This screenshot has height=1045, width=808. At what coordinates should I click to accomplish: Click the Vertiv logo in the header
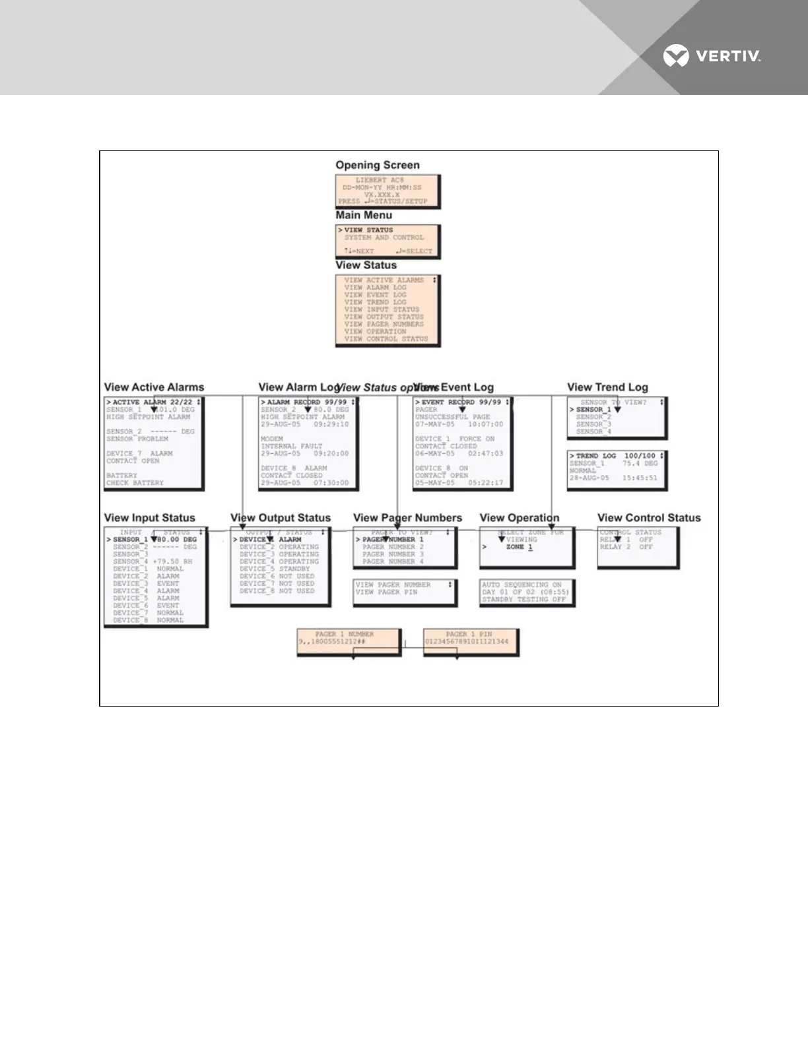point(712,56)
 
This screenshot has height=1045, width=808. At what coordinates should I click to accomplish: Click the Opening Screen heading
point(377,165)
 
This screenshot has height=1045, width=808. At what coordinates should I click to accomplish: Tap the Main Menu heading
point(364,215)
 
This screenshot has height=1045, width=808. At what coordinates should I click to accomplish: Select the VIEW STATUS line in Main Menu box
point(368,230)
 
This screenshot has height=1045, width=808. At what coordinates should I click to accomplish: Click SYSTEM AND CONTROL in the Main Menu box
point(384,237)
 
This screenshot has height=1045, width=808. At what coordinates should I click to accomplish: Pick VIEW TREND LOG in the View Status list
point(375,302)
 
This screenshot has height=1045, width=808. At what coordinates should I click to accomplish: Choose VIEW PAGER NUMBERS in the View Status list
point(384,324)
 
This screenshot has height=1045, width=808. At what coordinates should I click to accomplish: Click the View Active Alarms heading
point(154,387)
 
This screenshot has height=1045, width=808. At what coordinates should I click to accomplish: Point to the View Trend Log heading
point(607,387)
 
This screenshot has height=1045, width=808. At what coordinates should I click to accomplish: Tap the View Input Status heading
point(150,518)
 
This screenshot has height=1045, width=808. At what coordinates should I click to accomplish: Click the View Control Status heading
point(649,518)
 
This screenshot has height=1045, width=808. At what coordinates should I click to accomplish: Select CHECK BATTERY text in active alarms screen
point(135,483)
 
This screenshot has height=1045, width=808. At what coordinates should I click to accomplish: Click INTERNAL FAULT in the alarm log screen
point(291,446)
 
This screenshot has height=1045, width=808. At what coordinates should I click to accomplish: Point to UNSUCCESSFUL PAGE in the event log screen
point(452,417)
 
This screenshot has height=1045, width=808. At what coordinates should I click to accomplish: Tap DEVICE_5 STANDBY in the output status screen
point(275,569)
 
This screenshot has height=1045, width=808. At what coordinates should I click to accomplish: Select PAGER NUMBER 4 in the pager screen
point(393,561)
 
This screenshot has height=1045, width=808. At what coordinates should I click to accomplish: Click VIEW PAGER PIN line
point(387,592)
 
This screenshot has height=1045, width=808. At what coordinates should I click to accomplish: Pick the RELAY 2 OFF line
point(626,547)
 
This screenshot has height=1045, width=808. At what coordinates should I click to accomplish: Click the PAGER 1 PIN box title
point(469,634)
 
